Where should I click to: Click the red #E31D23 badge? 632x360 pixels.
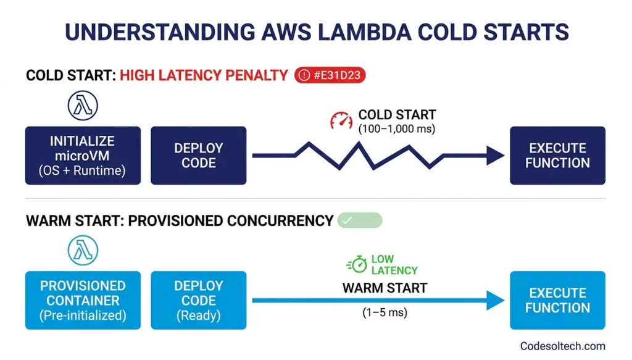(x=330, y=75)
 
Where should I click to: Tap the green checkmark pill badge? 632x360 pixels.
(x=360, y=220)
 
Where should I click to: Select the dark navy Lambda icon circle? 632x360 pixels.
(x=83, y=106)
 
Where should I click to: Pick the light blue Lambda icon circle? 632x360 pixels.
(x=83, y=251)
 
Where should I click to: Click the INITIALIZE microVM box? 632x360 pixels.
(x=83, y=156)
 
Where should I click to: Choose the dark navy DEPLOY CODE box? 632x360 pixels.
(x=198, y=156)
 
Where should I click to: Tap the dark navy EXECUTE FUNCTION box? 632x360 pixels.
(x=557, y=156)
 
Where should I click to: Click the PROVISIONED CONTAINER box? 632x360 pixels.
(x=83, y=300)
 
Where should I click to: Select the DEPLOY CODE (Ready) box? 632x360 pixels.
(x=198, y=300)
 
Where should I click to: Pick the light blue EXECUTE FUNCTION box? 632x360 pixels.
(x=557, y=300)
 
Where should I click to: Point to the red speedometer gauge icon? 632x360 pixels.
(x=341, y=120)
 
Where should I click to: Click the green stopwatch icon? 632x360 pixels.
(x=357, y=265)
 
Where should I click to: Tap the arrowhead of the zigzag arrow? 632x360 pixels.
(x=495, y=156)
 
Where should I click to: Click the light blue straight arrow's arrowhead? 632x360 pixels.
(x=495, y=301)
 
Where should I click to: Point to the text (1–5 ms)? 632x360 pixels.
(x=385, y=312)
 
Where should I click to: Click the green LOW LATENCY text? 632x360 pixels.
(x=394, y=265)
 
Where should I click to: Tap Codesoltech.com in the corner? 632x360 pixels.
(x=562, y=346)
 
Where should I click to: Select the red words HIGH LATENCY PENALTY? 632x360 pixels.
(x=204, y=75)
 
